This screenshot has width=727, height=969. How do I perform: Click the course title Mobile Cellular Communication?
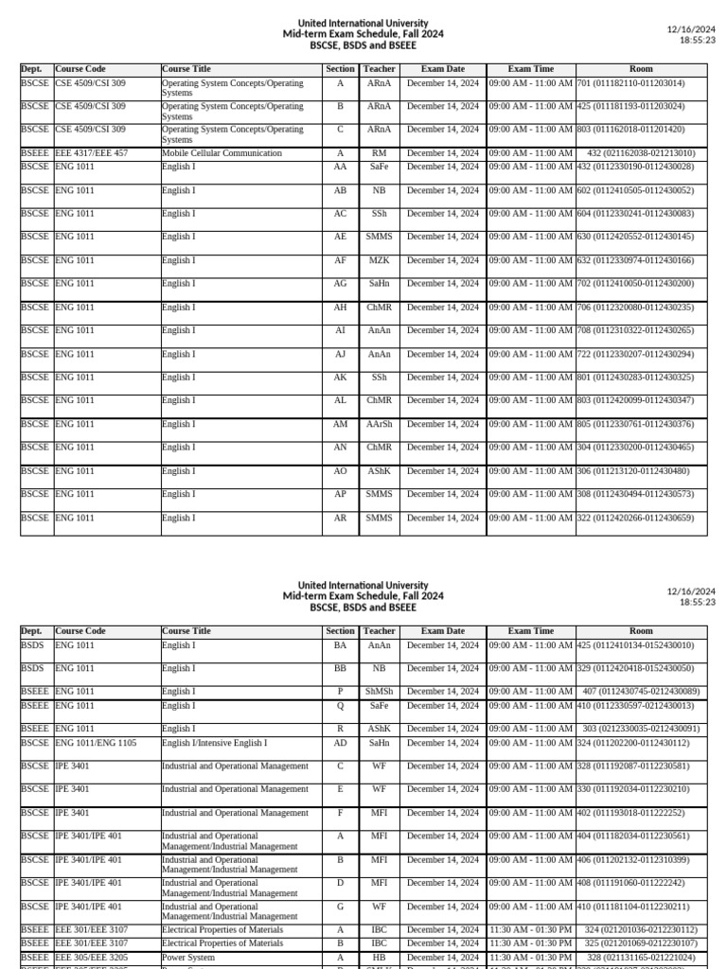[222, 153]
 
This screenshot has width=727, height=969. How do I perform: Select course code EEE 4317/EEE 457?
[95, 153]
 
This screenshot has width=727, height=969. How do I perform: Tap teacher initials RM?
[379, 153]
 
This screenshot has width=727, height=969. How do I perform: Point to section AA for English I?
[340, 167]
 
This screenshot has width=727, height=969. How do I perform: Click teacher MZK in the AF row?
[379, 260]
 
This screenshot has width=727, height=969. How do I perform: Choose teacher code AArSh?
[379, 425]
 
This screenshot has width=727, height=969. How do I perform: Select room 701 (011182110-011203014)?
[630, 83]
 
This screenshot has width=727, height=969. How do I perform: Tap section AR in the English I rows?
[340, 519]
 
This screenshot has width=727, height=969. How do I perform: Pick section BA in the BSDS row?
[340, 645]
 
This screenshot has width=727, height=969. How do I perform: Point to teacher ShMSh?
[379, 692]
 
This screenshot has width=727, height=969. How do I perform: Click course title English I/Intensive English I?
[214, 744]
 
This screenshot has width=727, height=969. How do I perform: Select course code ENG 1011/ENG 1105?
[96, 744]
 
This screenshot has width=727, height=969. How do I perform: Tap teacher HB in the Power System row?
[379, 958]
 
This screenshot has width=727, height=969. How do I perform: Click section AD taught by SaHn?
[340, 744]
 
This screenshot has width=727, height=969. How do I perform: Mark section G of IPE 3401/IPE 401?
[340, 907]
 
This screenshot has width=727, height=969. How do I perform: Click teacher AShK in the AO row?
[379, 471]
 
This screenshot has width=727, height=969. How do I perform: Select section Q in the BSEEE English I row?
[340, 706]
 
